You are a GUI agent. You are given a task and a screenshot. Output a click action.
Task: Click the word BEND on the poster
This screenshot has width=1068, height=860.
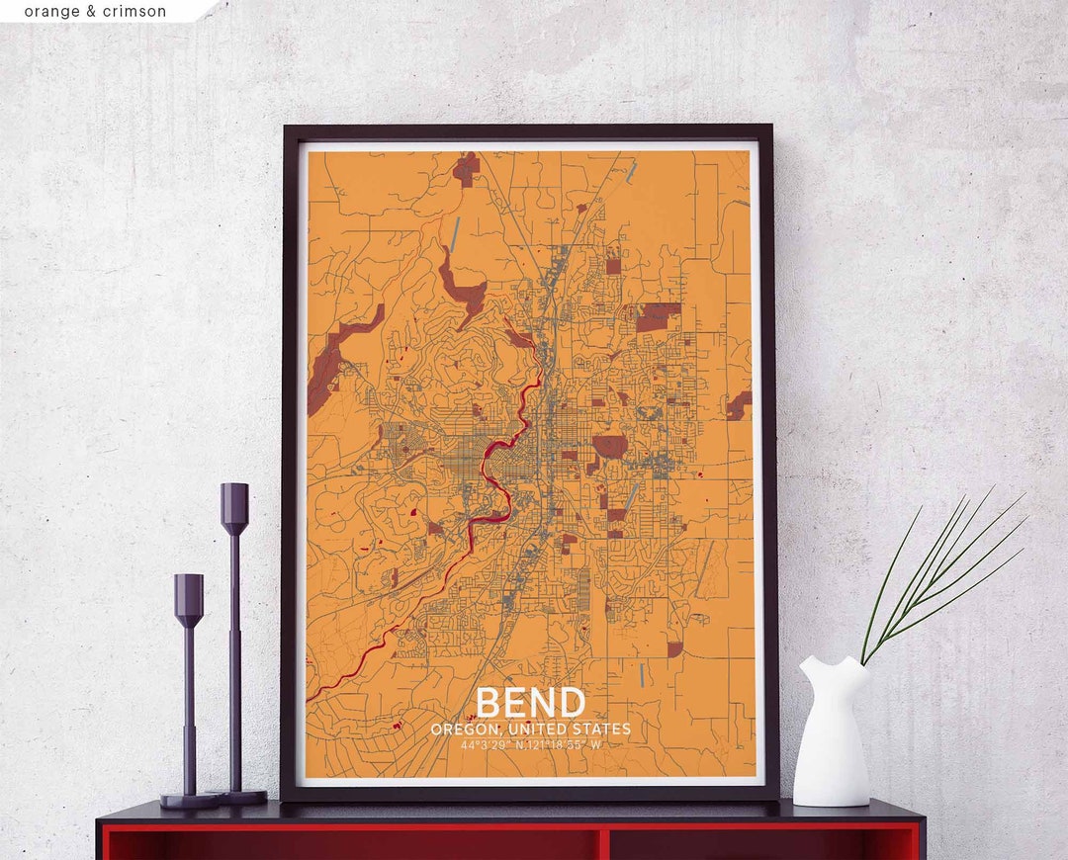pyautogui.click(x=530, y=702)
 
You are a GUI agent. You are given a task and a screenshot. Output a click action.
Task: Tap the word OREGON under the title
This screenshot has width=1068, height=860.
pyautogui.click(x=464, y=730)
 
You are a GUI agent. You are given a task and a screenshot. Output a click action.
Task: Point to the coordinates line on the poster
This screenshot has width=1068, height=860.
pyautogui.click(x=530, y=744)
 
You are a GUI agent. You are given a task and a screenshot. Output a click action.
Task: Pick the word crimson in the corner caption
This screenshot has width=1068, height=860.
pyautogui.click(x=135, y=12)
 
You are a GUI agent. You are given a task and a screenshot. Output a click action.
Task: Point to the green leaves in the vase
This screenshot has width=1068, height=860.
pyautogui.click(x=939, y=573)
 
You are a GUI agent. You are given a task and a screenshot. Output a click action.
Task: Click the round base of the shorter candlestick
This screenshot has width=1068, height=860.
pyautogui.click(x=189, y=800)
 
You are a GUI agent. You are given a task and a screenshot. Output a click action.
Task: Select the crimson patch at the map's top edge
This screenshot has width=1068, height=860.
pyautogui.click(x=466, y=168)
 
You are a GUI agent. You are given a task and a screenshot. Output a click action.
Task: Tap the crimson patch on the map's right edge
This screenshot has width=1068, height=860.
pyautogui.click(x=739, y=404)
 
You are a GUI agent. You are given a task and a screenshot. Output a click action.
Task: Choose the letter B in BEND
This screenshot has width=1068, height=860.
pyautogui.click(x=489, y=702)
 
